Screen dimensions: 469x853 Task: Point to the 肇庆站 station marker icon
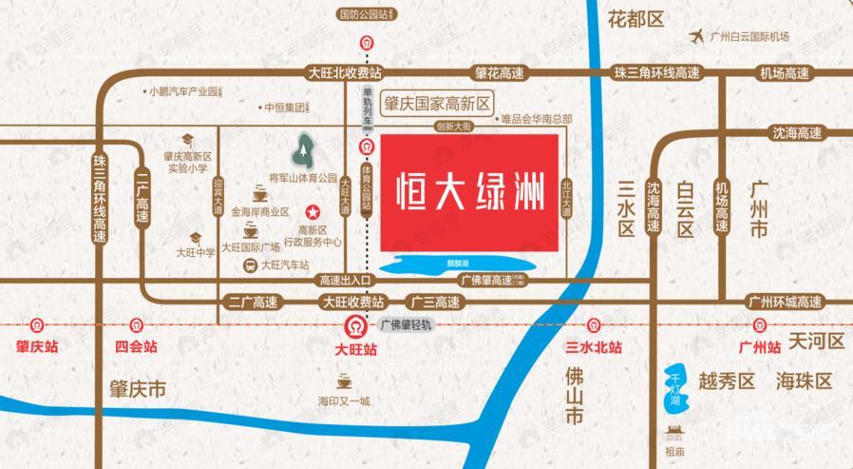click(37, 325)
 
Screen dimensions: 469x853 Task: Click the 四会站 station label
click(136, 348)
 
